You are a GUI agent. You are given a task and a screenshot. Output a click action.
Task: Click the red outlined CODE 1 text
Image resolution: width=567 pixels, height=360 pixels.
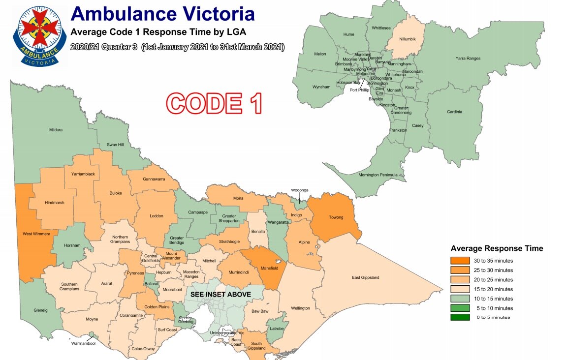[215, 103]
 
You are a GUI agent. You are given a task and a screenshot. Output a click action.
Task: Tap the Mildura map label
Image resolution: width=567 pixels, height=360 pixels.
[56, 130]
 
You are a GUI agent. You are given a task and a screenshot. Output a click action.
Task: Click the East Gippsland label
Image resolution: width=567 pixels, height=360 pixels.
[366, 278]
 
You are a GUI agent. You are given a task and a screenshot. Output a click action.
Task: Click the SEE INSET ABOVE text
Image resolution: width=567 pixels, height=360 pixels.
[220, 295]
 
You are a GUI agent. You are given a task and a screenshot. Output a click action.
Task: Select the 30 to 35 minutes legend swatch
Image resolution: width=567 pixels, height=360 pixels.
[459, 261]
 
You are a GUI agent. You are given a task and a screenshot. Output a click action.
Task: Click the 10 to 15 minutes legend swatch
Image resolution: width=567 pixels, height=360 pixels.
[459, 299]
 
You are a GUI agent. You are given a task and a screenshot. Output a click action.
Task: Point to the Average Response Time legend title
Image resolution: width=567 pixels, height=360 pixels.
[497, 248]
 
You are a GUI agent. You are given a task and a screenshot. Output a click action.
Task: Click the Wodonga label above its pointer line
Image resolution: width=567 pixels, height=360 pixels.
[299, 190]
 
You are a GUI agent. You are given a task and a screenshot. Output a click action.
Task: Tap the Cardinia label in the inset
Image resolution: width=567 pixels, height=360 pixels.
[454, 112]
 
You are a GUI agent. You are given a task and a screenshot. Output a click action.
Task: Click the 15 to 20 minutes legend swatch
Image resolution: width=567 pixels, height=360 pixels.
[459, 289]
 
